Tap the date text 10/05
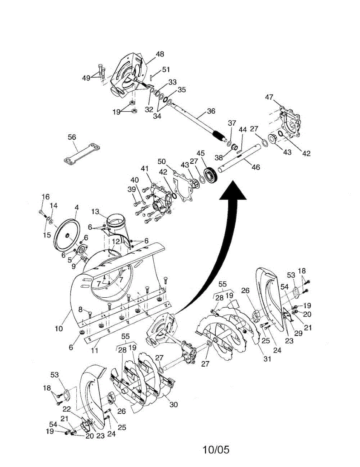click(216, 450)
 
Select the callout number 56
click(72, 137)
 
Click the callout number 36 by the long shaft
click(211, 111)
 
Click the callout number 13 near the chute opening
click(96, 211)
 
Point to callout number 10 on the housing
click(58, 329)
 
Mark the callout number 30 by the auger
click(174, 405)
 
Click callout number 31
click(267, 359)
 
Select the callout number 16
click(46, 196)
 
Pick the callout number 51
click(166, 70)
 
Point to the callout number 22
click(67, 409)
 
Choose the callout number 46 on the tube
click(255, 167)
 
